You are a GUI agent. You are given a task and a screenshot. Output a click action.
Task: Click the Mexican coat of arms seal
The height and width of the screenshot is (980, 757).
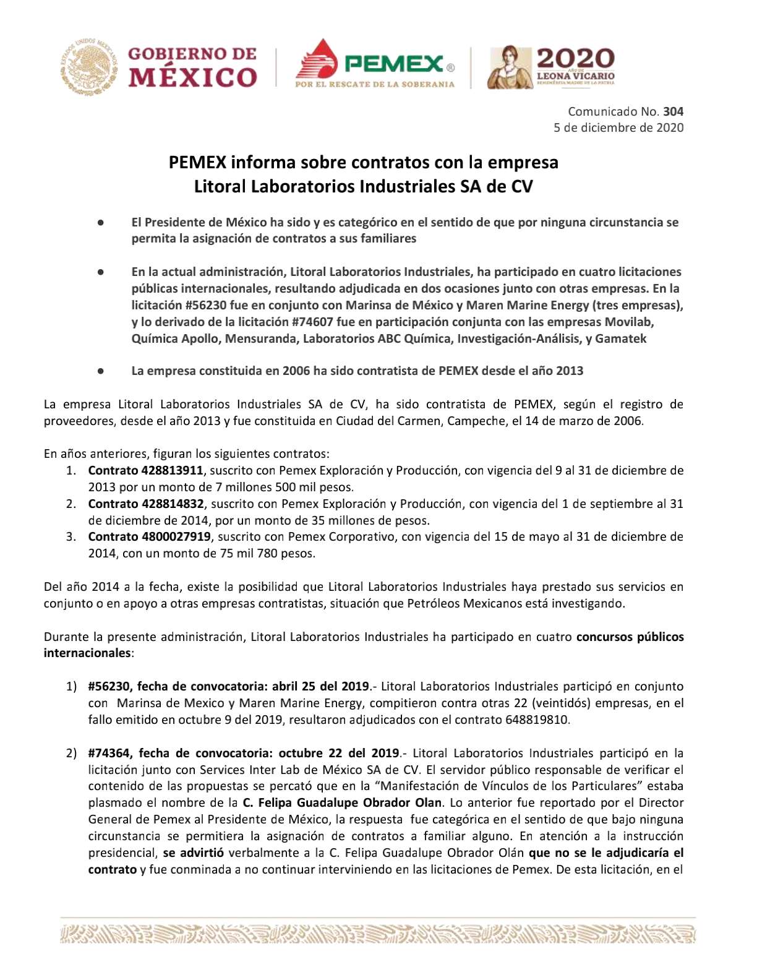[x=90, y=67]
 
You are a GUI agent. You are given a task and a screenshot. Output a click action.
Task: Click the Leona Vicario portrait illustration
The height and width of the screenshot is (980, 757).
[x=510, y=67]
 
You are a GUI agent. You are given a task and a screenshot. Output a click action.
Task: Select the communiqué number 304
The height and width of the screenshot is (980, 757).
[x=673, y=111]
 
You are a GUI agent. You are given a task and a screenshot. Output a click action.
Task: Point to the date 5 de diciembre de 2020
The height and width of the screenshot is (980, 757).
[x=618, y=127]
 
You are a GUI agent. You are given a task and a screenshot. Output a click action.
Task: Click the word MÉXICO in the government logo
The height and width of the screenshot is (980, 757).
[x=192, y=77]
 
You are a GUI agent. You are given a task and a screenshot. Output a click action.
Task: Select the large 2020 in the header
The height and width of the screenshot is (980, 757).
[x=575, y=59]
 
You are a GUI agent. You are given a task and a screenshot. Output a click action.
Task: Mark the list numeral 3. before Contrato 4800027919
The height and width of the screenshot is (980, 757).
[x=71, y=536]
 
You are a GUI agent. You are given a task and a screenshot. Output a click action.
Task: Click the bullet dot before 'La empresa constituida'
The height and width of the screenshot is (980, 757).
[x=100, y=371]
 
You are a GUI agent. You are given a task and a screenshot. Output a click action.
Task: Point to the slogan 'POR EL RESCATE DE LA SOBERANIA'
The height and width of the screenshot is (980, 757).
[x=375, y=84]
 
